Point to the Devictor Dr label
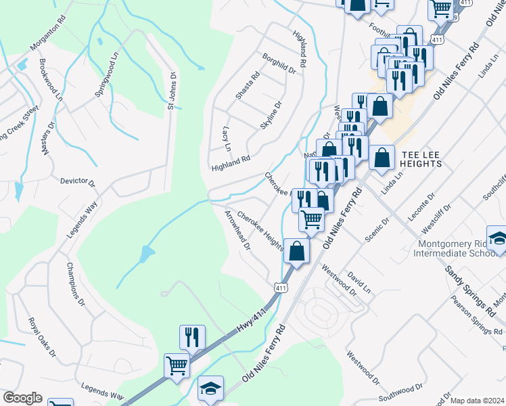click(x=78, y=182)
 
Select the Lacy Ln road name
click(x=227, y=138)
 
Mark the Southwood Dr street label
click(x=400, y=392)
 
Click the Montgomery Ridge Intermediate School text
click(x=452, y=249)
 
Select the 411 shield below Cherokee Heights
click(x=279, y=288)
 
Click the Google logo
click(x=22, y=398)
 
